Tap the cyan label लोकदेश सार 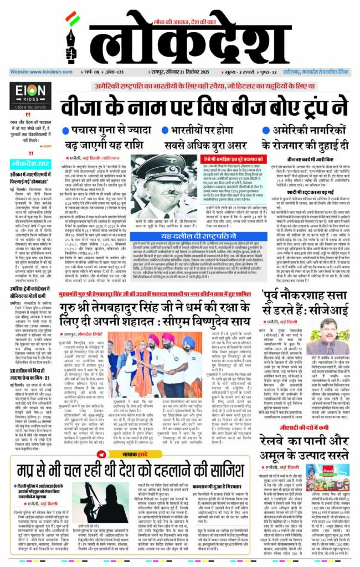33,164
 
